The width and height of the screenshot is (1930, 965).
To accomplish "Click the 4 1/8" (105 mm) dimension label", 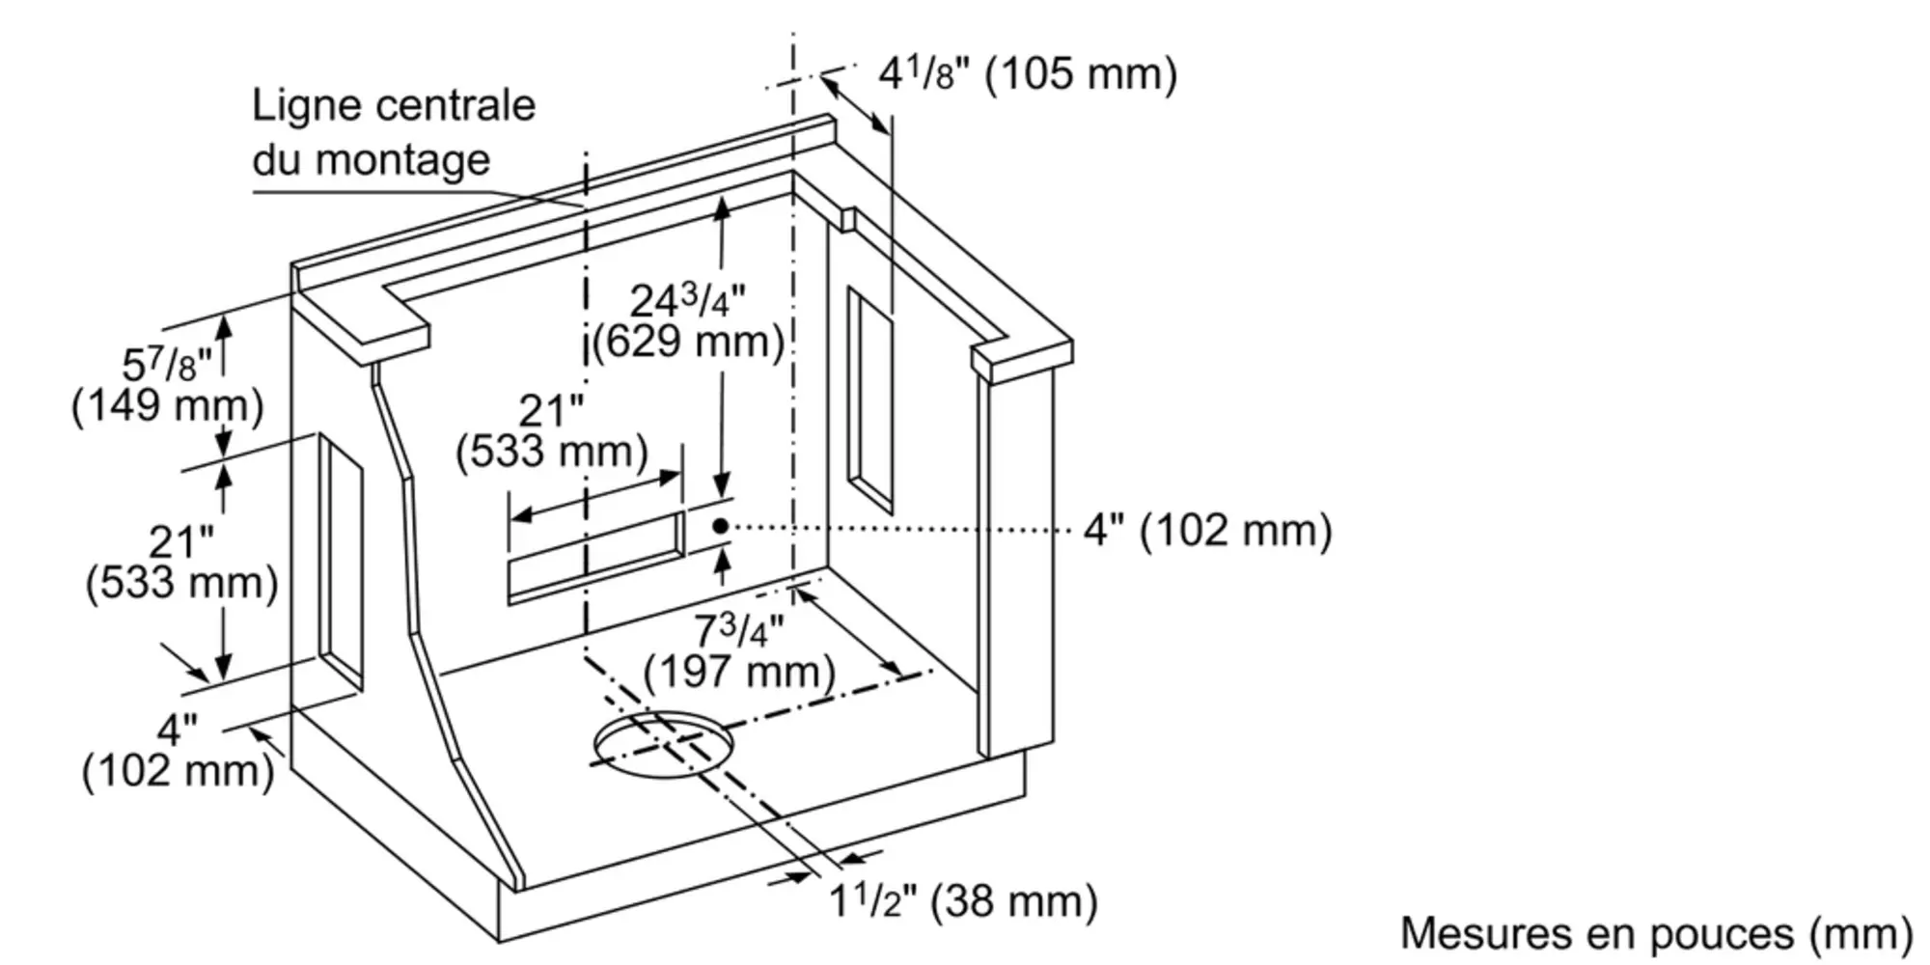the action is pyautogui.click(x=1028, y=73).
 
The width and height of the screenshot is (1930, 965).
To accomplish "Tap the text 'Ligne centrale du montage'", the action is pyautogui.click(x=394, y=132).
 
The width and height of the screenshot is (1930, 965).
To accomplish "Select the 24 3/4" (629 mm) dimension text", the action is pyautogui.click(x=687, y=321).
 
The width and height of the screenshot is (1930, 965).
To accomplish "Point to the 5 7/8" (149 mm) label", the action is pyautogui.click(x=167, y=385).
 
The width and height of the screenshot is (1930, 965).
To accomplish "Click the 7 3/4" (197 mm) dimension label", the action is pyautogui.click(x=739, y=651).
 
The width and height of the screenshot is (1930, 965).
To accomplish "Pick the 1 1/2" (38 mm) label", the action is pyautogui.click(x=963, y=900).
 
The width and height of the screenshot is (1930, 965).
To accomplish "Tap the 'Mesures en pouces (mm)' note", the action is pyautogui.click(x=1656, y=933).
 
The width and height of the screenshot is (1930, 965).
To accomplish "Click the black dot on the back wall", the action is pyautogui.click(x=721, y=526).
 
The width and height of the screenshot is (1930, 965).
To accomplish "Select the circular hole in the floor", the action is pyautogui.click(x=663, y=744).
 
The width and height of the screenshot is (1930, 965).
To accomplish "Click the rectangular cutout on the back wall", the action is pyautogui.click(x=595, y=557).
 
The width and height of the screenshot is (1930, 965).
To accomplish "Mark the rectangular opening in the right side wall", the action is pyautogui.click(x=869, y=399).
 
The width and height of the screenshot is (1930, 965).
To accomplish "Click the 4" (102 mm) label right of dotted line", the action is pyautogui.click(x=1207, y=530).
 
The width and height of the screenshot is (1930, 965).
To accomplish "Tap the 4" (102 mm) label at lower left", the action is pyautogui.click(x=179, y=752).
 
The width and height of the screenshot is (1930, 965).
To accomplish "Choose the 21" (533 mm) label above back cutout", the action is pyautogui.click(x=552, y=431).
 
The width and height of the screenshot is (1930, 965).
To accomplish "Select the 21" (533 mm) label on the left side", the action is pyautogui.click(x=181, y=563).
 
